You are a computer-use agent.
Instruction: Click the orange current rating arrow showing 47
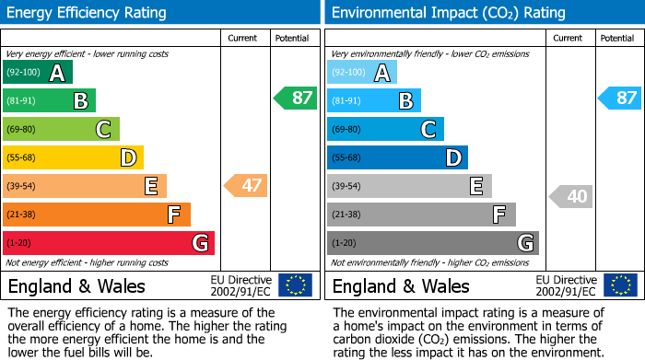tap(247, 186)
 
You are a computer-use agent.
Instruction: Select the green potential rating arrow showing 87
tap(296, 98)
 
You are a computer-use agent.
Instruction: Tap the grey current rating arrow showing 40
tap(571, 196)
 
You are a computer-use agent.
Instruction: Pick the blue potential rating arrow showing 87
tap(620, 98)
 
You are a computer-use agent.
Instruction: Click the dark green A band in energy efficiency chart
tap(38, 73)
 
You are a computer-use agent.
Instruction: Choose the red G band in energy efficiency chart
tap(109, 243)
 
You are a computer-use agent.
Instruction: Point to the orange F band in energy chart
tap(97, 215)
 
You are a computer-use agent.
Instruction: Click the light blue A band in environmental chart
tap(362, 73)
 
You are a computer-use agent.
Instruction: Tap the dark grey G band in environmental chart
tap(432, 243)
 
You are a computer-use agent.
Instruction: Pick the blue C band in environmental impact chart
tap(385, 130)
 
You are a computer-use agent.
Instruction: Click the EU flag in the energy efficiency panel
tap(296, 285)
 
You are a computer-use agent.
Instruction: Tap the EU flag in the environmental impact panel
tap(620, 285)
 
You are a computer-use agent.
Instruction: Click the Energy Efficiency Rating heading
tap(88, 13)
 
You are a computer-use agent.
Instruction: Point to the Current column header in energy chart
tap(243, 38)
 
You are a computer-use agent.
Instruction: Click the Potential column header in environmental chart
tap(617, 38)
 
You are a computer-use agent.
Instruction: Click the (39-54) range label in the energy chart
tap(21, 187)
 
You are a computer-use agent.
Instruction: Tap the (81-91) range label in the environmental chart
tap(346, 101)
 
